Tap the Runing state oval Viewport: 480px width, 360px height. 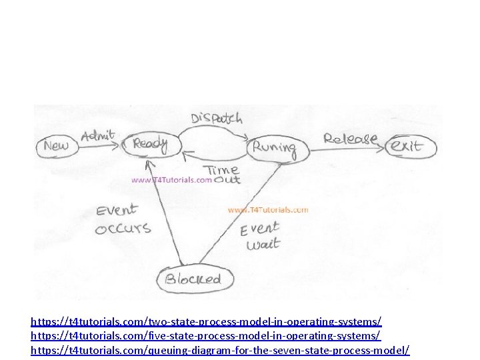coord(273,147)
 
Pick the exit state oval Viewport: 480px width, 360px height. coord(407,145)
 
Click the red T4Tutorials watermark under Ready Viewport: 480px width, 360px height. coord(172,179)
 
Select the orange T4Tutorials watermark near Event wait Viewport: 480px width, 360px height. coord(268,209)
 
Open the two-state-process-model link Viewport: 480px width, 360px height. coord(206,322)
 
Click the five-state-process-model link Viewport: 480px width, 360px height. coord(206,336)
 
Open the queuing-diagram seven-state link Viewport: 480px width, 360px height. coord(220,350)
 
